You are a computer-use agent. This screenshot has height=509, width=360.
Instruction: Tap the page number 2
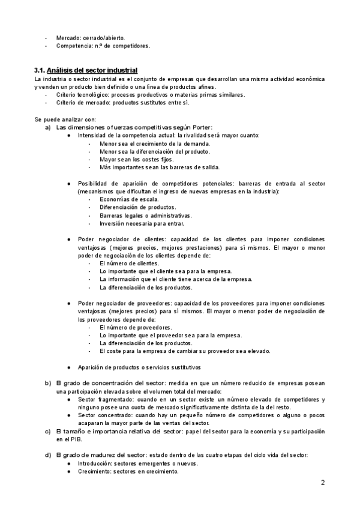coord(322,483)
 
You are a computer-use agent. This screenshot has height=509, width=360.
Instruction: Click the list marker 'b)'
coord(48,383)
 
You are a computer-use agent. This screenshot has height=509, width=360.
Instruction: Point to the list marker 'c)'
coord(48,431)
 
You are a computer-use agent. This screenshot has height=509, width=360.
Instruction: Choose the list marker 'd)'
coord(48,455)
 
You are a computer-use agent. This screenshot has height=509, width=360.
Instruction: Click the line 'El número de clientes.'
coord(130,263)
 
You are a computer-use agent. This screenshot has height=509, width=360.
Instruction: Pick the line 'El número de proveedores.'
coord(136,327)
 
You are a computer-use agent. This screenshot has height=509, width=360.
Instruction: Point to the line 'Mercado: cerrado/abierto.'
coord(91,37)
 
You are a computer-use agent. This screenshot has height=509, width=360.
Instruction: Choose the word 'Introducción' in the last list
coord(96,463)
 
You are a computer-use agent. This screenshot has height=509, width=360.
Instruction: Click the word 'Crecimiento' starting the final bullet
coord(95,471)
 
